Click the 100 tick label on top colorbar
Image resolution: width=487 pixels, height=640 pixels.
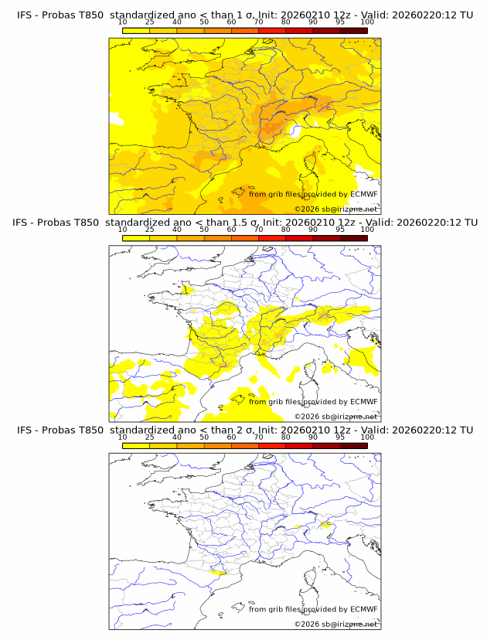[367, 22]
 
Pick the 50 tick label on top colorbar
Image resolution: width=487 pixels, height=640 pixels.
[204, 22]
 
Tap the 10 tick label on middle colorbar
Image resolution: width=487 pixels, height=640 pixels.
[123, 230]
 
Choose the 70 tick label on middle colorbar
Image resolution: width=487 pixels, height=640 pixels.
[258, 230]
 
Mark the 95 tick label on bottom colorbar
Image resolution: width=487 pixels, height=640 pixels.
[340, 437]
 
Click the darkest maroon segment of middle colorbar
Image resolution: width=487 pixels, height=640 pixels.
[353, 238]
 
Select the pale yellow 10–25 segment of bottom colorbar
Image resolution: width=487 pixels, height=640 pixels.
[136, 445]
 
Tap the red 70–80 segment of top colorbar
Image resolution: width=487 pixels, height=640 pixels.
[272, 30]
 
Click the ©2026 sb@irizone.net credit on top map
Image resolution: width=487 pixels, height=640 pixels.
[335, 209]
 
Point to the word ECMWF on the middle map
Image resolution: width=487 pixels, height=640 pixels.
[364, 401]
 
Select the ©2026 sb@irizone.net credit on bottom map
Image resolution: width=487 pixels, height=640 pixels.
[335, 624]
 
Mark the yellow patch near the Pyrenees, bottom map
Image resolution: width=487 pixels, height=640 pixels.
[220, 574]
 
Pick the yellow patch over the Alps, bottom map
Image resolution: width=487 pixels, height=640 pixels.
[325, 526]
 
